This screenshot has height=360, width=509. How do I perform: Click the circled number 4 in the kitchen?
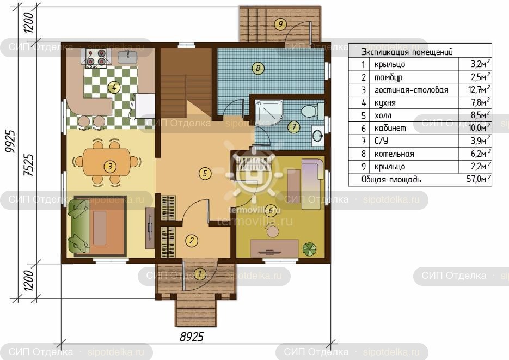[114, 87]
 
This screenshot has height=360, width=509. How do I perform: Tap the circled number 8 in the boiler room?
[258, 68]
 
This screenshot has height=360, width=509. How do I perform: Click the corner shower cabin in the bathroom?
[269, 113]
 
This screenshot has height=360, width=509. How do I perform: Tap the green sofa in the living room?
[78, 226]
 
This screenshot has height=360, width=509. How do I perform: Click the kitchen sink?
[127, 57]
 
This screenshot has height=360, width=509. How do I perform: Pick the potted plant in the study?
[310, 249]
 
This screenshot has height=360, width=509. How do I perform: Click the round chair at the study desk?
[272, 232]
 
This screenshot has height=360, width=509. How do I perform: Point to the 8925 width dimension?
[192, 337]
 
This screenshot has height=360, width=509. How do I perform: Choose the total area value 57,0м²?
[479, 179]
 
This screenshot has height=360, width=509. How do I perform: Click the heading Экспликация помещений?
[407, 52]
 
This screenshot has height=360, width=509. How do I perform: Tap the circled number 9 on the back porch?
[280, 24]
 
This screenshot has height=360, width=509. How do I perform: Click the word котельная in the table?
[394, 154]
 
